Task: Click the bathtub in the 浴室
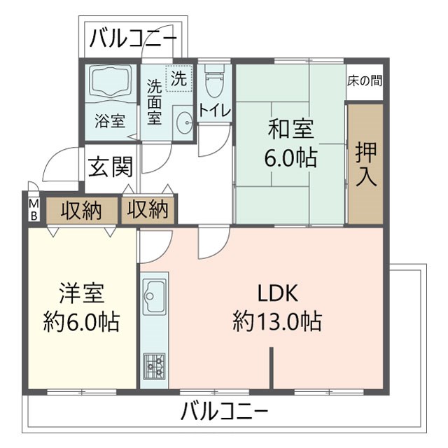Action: tap(111, 83)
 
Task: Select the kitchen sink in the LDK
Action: tap(154, 298)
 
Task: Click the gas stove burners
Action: tap(154, 365)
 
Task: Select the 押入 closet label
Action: tap(366, 164)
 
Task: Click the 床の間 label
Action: tap(365, 80)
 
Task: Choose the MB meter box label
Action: tap(33, 209)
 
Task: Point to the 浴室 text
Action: tap(110, 120)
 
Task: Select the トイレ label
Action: tap(211, 110)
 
